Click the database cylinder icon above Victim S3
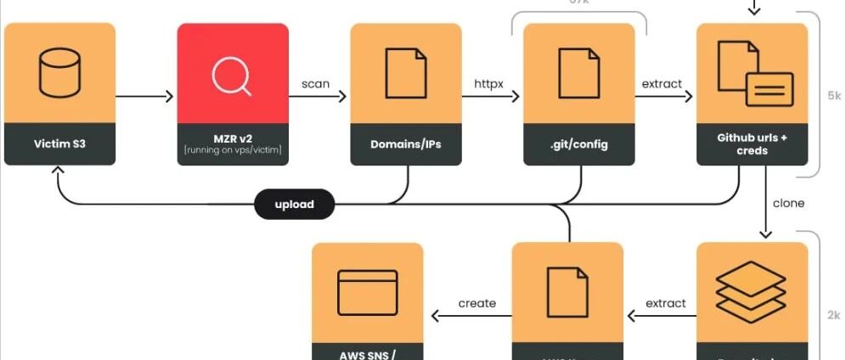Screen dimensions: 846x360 [x=59, y=72]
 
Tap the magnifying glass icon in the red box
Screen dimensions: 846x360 [x=232, y=75]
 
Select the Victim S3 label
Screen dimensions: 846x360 [x=59, y=143]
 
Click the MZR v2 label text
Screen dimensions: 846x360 [x=232, y=138]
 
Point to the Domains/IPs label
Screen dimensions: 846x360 [x=405, y=143]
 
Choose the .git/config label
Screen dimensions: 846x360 [x=578, y=143]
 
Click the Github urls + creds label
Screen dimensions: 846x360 [x=752, y=143]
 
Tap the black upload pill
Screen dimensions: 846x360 [x=295, y=205]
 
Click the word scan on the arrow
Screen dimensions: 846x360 [x=316, y=84]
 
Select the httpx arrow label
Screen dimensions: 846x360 [x=489, y=84]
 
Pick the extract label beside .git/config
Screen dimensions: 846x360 [x=662, y=84]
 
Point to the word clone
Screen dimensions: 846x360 [x=788, y=204]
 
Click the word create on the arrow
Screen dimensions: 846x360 [x=477, y=303]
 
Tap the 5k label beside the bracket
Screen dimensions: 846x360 [x=833, y=96]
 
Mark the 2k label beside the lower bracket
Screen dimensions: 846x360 [x=833, y=315]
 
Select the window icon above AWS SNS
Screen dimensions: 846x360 [x=367, y=293]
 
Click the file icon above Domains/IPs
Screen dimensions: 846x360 [x=406, y=72]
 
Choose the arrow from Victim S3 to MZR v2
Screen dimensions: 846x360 [x=144, y=96]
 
